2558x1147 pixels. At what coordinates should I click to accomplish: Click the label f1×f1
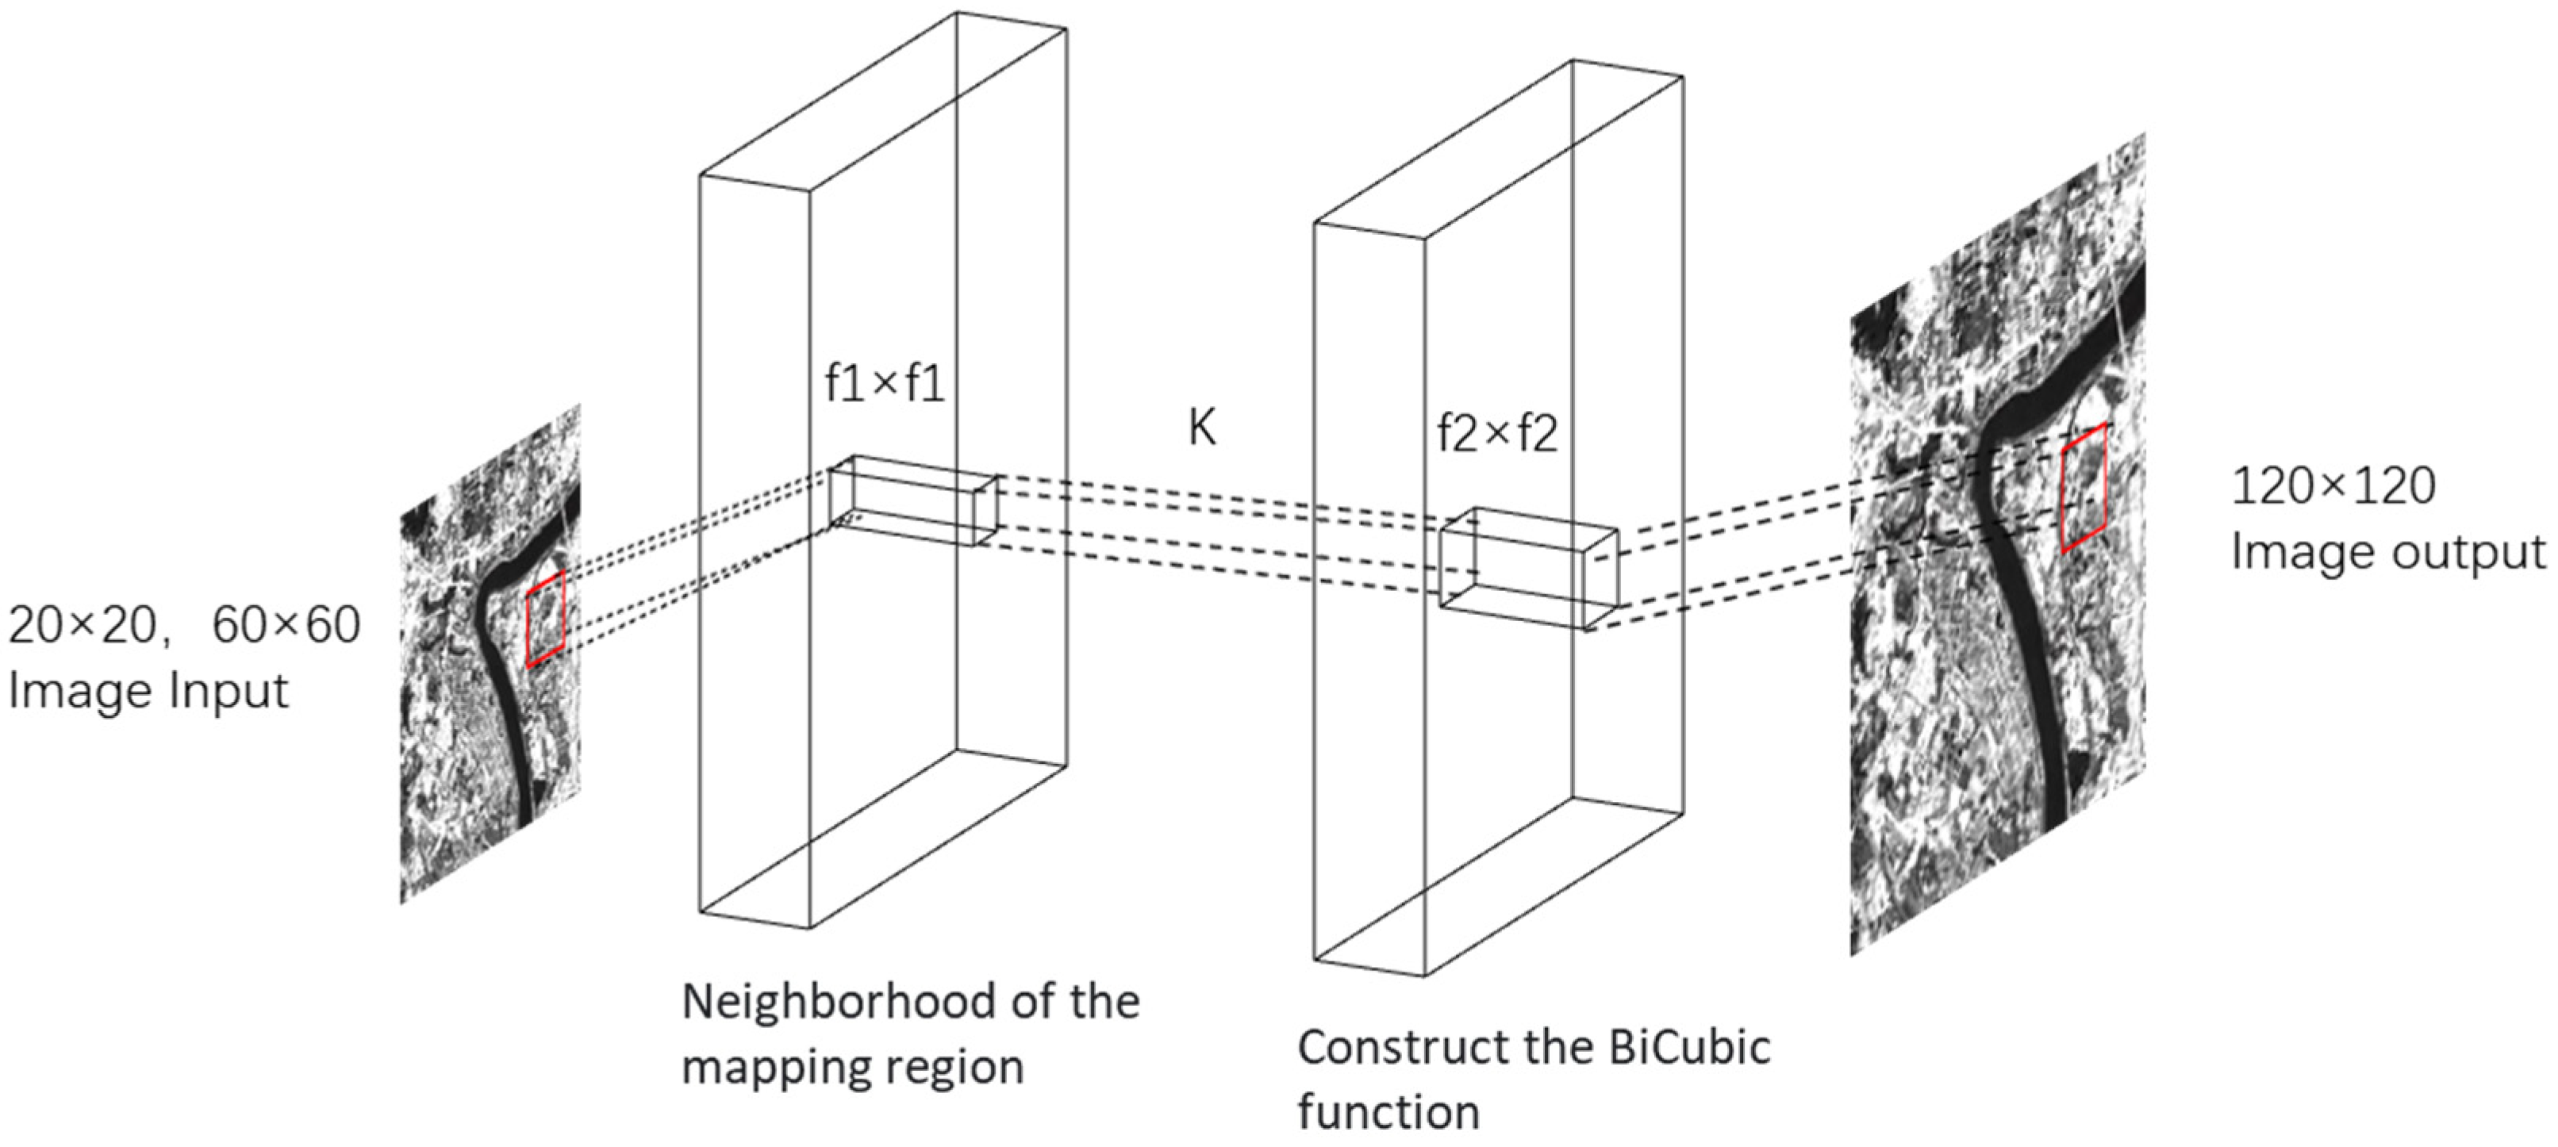(x=884, y=386)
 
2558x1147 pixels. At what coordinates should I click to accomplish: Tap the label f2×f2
(x=1497, y=434)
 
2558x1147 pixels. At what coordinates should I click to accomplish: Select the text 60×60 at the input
(x=286, y=627)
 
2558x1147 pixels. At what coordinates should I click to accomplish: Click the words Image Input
(x=149, y=691)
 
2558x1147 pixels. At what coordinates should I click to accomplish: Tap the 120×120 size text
(x=2333, y=486)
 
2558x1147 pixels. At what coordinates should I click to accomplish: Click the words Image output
(x=2388, y=552)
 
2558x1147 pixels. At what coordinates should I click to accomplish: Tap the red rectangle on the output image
(x=2084, y=489)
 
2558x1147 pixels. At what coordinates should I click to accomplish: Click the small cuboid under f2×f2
(x=1527, y=569)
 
